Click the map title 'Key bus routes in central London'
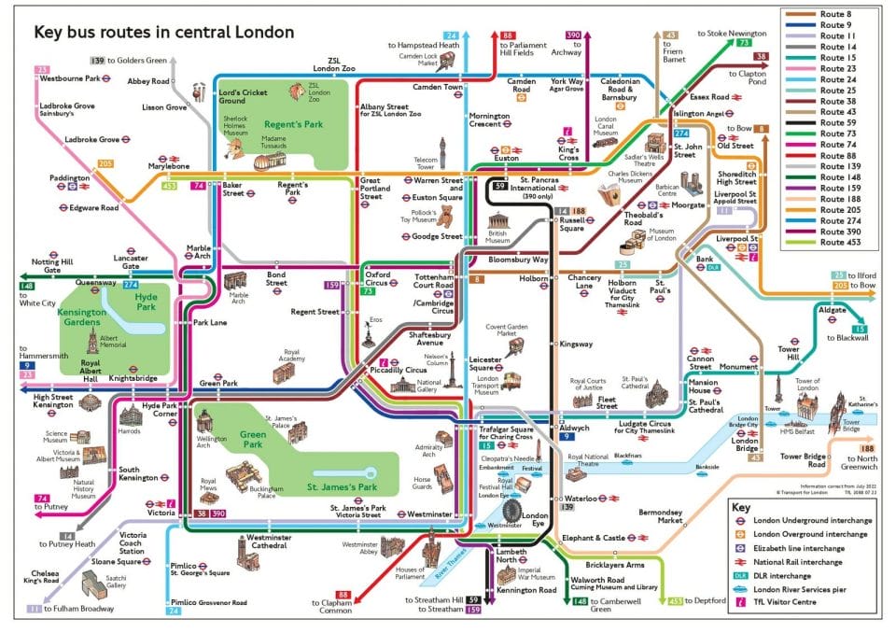pyautogui.click(x=163, y=33)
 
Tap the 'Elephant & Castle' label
pyautogui.click(x=593, y=539)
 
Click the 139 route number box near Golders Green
pyautogui.click(x=97, y=61)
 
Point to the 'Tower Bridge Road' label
pyautogui.click(x=804, y=460)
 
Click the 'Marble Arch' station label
pyautogui.click(x=199, y=252)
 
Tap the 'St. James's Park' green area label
pyautogui.click(x=343, y=486)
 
